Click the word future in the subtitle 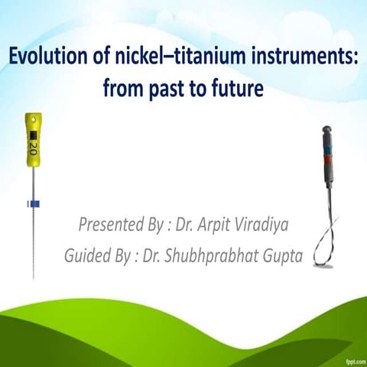[236, 89]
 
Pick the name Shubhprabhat [219, 255]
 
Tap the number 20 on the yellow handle [33, 144]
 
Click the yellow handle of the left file [33, 141]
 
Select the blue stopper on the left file [33, 203]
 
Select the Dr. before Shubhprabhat [168, 255]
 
